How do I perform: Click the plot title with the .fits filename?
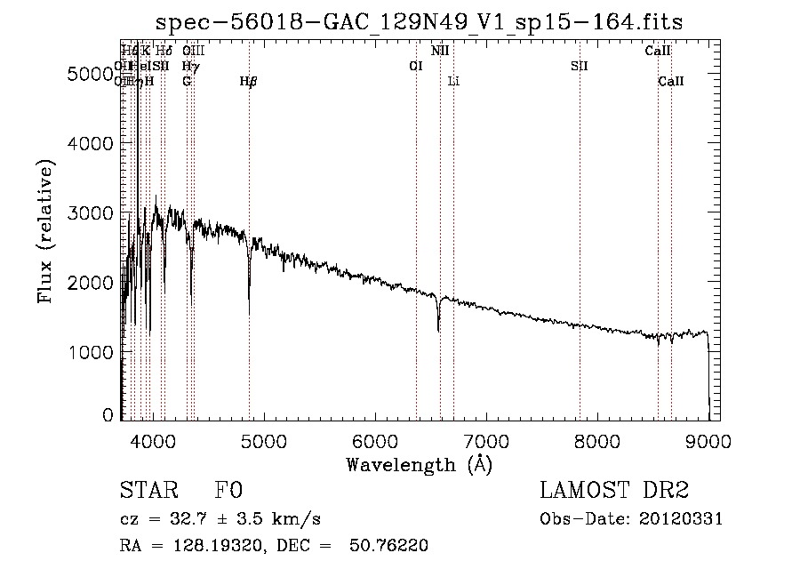[420, 21]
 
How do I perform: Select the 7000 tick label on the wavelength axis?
[485, 439]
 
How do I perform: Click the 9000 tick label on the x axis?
[708, 439]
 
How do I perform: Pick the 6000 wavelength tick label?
[374, 439]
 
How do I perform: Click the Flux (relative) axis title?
[46, 231]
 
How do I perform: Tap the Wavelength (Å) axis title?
[419, 463]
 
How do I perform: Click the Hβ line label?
[249, 82]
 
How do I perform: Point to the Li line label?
[453, 82]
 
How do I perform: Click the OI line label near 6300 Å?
[415, 66]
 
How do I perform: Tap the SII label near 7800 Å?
[580, 66]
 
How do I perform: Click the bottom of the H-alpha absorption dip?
[438, 330]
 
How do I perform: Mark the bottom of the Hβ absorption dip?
[249, 311]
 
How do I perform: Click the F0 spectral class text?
[229, 492]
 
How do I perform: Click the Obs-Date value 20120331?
[684, 519]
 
